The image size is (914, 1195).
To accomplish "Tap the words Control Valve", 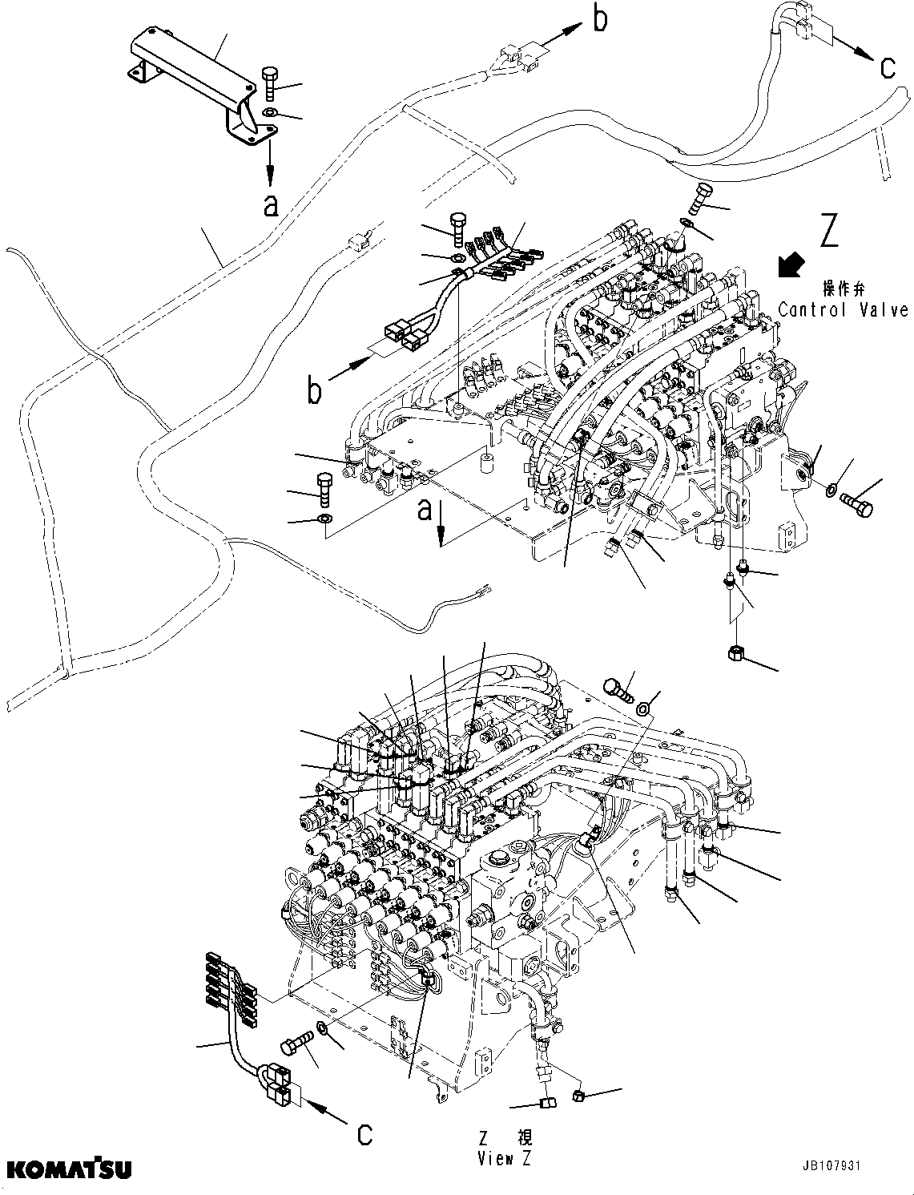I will [843, 309].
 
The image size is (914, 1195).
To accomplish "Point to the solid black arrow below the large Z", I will [792, 265].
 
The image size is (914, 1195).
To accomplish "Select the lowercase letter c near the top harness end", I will [888, 67].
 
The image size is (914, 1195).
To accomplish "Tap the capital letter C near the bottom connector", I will [365, 1135].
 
